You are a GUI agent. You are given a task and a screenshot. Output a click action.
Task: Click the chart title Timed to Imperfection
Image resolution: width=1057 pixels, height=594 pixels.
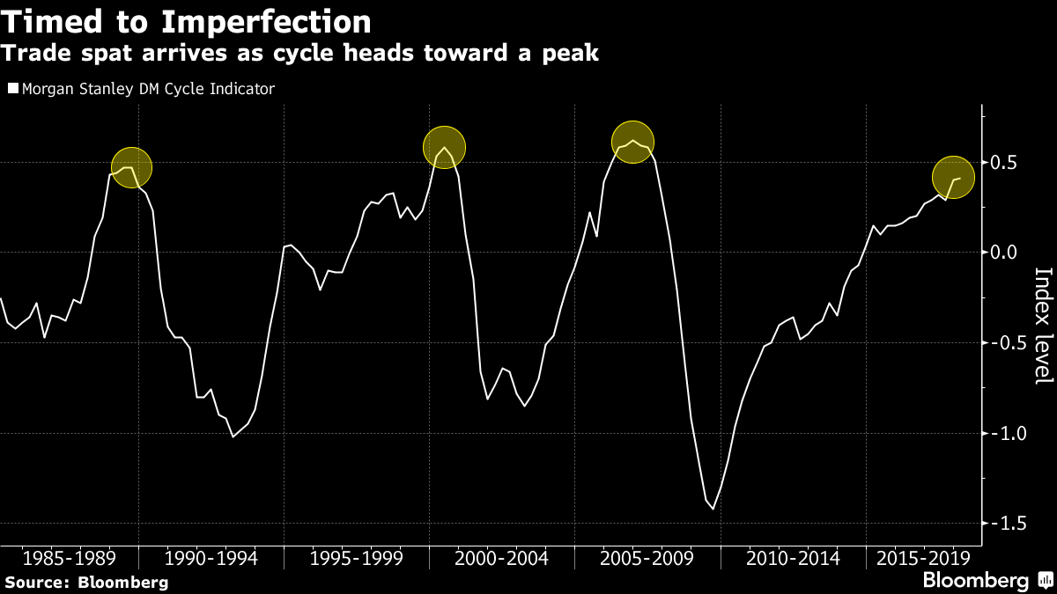click(x=187, y=20)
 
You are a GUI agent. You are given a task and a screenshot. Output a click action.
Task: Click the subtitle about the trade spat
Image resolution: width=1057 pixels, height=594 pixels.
click(x=299, y=54)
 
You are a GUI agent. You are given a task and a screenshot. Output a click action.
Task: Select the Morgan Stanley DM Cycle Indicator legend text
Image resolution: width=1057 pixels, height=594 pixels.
click(x=147, y=88)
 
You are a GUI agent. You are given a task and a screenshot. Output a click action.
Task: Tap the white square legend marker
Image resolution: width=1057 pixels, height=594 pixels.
click(x=11, y=88)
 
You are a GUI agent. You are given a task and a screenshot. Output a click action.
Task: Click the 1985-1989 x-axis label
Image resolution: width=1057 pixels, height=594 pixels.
click(x=68, y=558)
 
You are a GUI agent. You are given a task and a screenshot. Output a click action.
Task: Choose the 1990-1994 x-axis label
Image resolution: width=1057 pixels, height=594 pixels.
click(x=212, y=558)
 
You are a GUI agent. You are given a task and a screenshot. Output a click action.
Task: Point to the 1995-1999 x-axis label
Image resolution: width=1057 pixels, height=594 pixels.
click(x=358, y=558)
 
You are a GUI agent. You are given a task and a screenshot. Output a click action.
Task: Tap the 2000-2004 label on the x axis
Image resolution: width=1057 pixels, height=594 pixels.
click(x=503, y=558)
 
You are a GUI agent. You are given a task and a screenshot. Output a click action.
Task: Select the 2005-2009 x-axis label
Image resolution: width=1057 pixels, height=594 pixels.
click(x=647, y=558)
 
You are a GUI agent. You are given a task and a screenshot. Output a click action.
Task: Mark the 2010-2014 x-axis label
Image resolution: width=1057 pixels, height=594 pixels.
click(x=793, y=558)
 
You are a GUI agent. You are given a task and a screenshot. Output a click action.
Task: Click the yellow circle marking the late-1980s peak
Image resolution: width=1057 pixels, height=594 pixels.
click(x=131, y=167)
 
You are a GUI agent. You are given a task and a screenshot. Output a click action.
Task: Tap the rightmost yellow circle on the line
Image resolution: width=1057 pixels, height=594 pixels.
click(x=953, y=178)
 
